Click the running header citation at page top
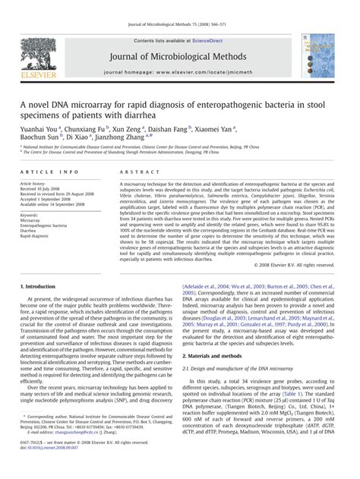179,6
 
